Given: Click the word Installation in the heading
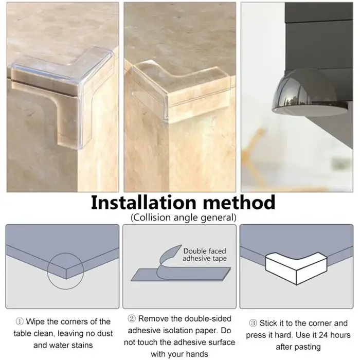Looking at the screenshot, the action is [143, 203].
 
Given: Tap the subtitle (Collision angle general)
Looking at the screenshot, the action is [184, 218].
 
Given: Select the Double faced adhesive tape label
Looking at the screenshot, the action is [205, 255].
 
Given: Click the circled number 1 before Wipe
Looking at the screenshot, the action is [20, 321].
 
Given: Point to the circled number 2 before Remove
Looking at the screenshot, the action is [132, 319].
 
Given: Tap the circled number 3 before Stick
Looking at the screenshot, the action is [253, 323].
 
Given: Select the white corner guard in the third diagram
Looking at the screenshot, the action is [296, 268].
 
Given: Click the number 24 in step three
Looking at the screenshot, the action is [323, 335].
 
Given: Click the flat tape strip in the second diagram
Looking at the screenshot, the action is [181, 274].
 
